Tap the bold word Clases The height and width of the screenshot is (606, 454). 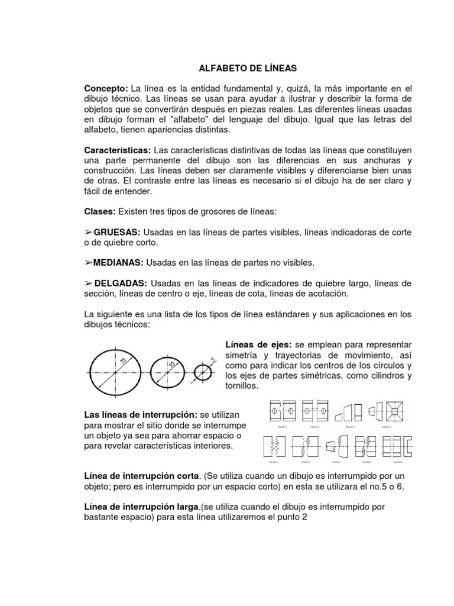100,211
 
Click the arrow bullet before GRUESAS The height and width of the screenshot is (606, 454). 89,233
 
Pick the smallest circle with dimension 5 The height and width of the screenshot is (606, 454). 202,373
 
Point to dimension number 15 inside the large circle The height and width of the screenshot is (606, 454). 123,362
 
